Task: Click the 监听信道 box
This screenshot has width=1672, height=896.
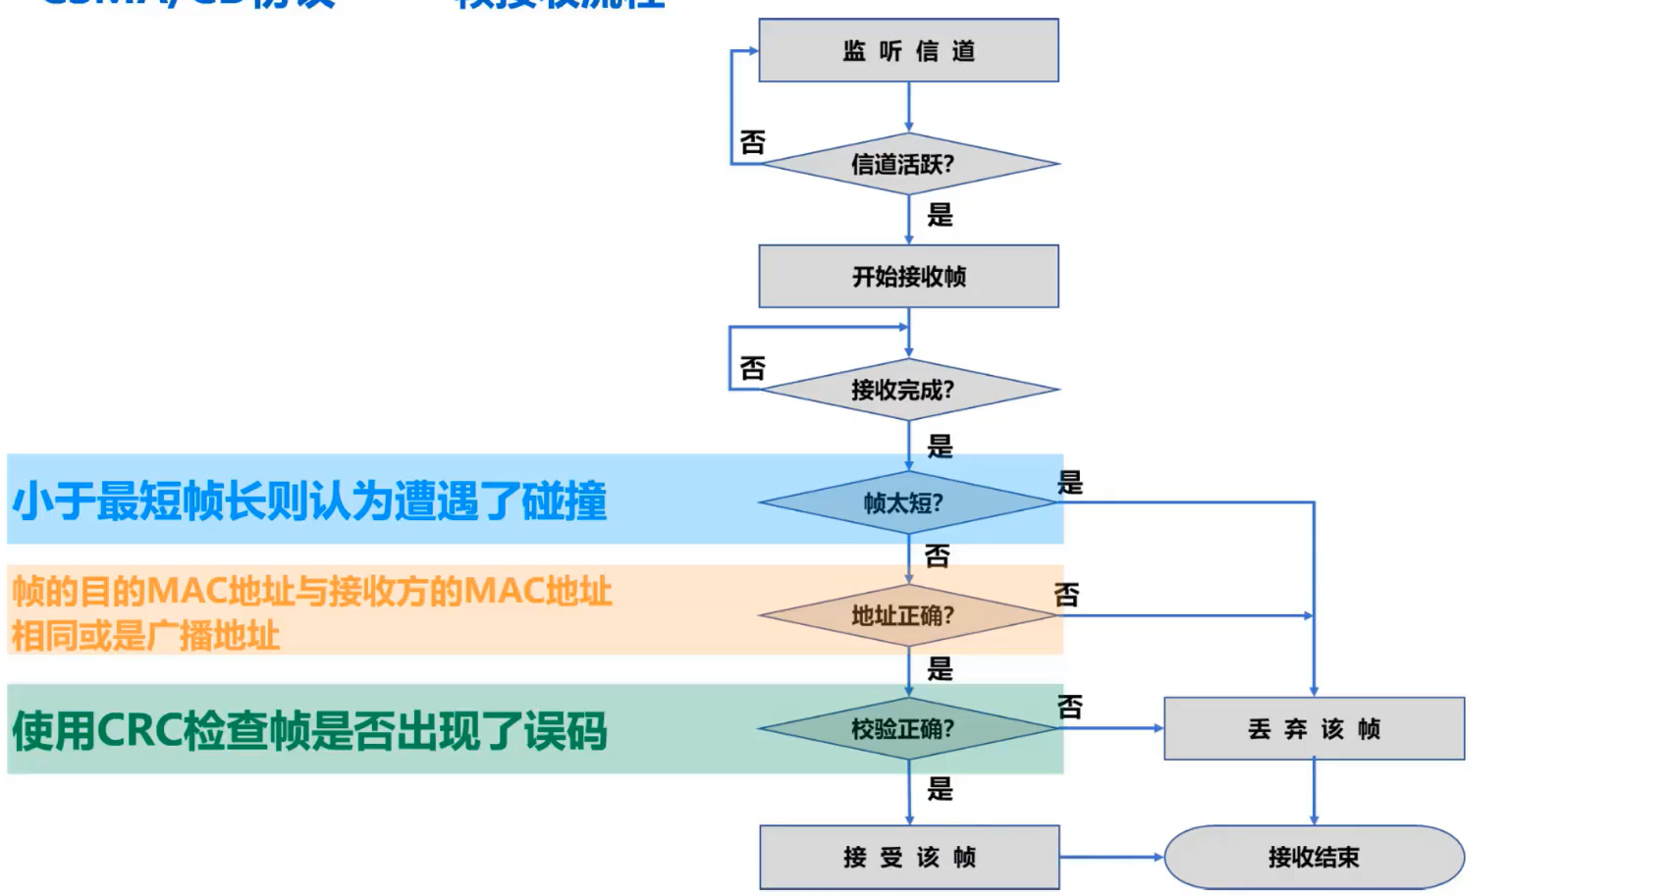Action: click(x=908, y=50)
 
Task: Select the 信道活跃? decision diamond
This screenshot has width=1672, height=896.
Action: click(x=908, y=164)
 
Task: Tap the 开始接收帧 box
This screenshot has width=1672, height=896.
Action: click(x=908, y=276)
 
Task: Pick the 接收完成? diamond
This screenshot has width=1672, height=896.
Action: click(x=908, y=390)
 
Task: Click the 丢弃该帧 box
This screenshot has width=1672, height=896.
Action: click(x=1314, y=728)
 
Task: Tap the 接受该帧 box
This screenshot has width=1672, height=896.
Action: click(x=909, y=857)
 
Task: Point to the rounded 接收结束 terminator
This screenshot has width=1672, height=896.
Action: click(x=1314, y=857)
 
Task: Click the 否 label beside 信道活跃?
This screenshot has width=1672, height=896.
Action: click(x=753, y=142)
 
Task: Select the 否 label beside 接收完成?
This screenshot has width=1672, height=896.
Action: click(x=753, y=368)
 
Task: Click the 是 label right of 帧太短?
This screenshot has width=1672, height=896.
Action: click(x=1070, y=482)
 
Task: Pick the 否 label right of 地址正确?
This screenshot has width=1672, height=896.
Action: click(x=1067, y=594)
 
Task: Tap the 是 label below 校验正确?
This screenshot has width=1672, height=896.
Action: click(x=940, y=788)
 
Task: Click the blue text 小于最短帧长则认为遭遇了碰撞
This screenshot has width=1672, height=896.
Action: click(x=309, y=501)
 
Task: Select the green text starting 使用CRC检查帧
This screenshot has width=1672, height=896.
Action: click(x=309, y=731)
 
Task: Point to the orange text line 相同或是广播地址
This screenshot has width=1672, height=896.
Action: click(x=145, y=636)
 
